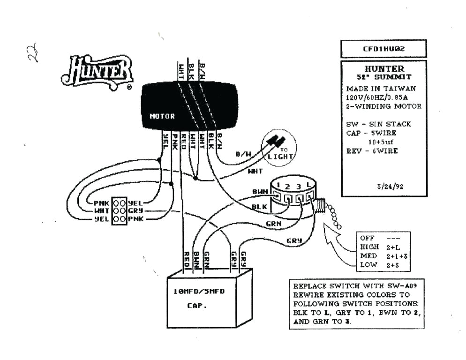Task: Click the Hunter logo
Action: [97, 71]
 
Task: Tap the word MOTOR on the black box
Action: [162, 116]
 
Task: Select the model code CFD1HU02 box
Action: [383, 49]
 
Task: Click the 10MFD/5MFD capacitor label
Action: [199, 291]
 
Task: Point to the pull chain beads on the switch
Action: [334, 217]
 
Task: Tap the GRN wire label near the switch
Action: [273, 224]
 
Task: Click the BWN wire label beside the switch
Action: [259, 192]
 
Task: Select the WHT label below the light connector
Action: [255, 172]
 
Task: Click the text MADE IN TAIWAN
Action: [381, 89]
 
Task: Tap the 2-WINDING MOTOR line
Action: [383, 106]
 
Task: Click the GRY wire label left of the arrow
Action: [294, 241]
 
